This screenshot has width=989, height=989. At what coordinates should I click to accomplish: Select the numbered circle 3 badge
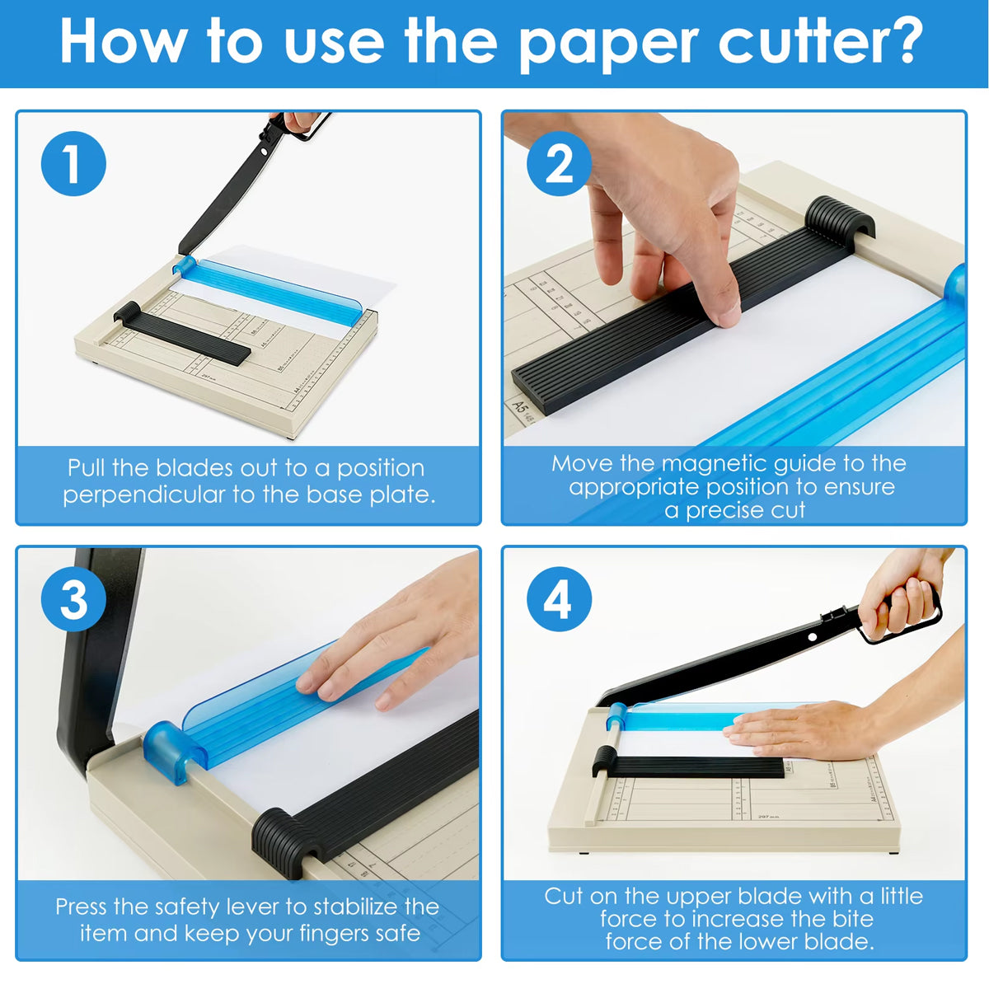(x=73, y=599)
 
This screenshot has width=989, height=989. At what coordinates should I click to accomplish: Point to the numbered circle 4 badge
(x=559, y=599)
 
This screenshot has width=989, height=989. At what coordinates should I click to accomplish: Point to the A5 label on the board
(x=519, y=406)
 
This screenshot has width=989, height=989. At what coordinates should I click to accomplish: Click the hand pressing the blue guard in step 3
(x=387, y=651)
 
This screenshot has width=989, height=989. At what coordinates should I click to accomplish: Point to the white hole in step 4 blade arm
(x=813, y=637)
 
